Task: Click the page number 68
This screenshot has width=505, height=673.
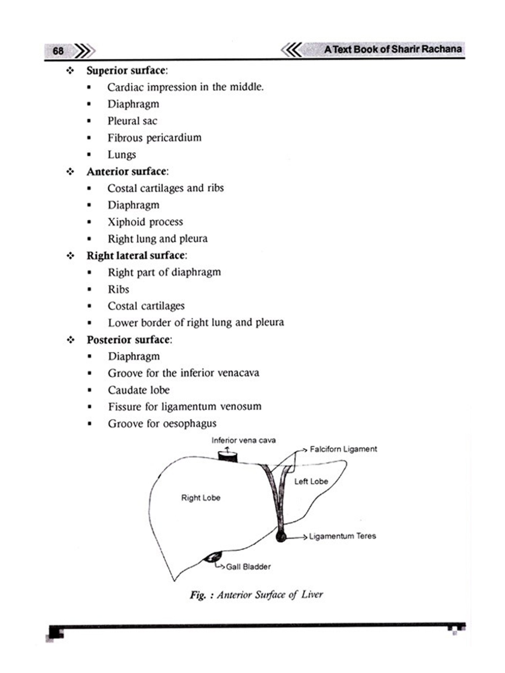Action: (58, 51)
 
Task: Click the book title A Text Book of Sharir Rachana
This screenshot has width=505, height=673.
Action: (393, 49)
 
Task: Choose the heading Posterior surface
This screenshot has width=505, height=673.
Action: (129, 340)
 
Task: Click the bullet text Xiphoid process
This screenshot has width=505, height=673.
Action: (145, 222)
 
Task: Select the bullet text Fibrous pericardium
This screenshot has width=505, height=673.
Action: (154, 138)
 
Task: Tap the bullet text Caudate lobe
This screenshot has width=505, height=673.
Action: (139, 390)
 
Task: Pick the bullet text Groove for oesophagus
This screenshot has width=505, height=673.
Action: (162, 424)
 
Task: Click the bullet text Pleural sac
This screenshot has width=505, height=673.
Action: (132, 121)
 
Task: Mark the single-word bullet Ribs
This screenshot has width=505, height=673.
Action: (118, 289)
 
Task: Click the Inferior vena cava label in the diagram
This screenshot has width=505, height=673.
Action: (243, 440)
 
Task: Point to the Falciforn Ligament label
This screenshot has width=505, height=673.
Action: (343, 449)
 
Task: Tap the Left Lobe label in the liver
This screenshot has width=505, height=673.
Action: (311, 482)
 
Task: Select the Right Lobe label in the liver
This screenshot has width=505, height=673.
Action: (201, 498)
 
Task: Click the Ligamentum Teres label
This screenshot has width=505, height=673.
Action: (342, 536)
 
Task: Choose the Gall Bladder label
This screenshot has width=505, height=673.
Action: (248, 567)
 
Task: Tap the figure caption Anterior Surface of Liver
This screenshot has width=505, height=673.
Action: (256, 595)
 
